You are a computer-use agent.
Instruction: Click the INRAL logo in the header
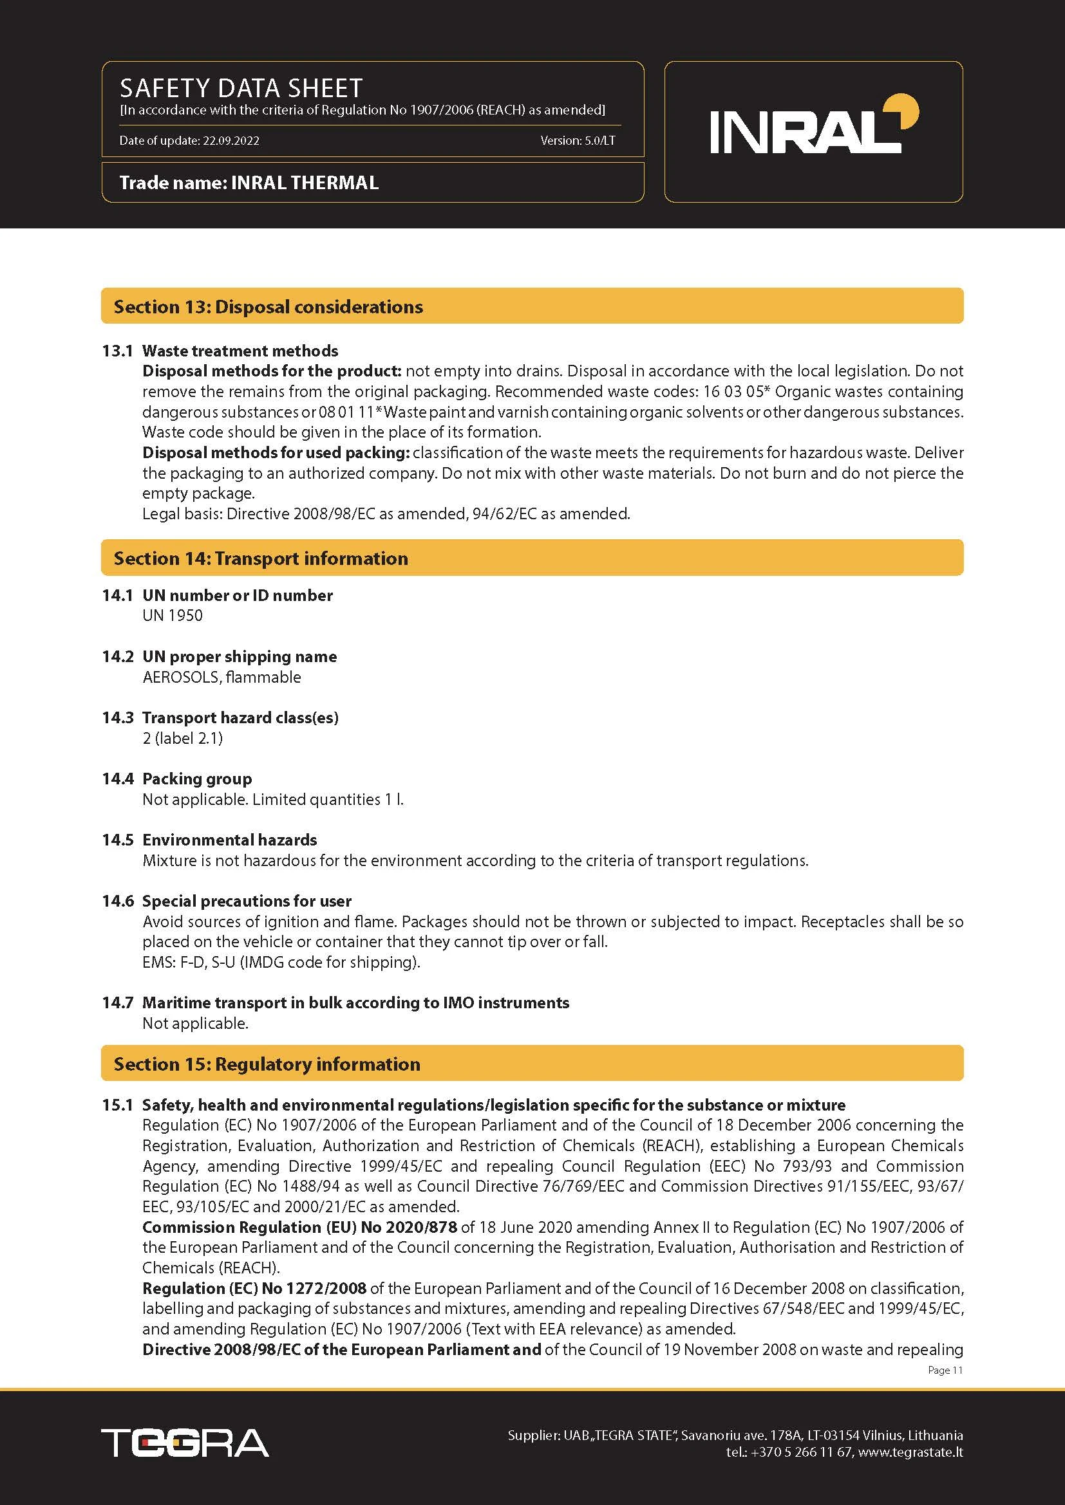point(813,127)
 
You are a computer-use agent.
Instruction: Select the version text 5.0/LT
point(599,140)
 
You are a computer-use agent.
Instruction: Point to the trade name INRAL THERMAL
point(305,183)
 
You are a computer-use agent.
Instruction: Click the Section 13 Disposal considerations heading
point(269,307)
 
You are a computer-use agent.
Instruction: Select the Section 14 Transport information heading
point(260,559)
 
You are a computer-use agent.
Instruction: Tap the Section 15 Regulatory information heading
point(267,1064)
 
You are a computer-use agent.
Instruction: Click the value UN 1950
point(173,616)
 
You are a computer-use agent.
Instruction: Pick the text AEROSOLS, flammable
point(221,677)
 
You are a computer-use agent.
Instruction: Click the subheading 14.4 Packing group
point(177,779)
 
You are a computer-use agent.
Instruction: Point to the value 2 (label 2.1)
point(182,738)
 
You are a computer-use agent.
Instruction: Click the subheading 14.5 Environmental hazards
point(209,840)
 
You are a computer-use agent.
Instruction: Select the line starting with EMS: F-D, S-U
point(281,962)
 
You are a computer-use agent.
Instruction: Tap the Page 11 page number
point(945,1370)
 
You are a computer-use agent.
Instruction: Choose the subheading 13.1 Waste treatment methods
point(220,351)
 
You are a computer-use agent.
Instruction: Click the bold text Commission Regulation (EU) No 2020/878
point(299,1227)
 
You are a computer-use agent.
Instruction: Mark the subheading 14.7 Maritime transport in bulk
point(335,1002)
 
